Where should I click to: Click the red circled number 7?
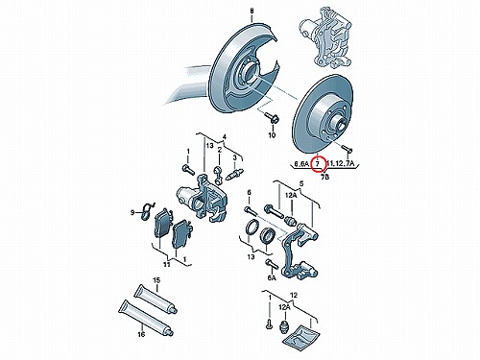point(318,164)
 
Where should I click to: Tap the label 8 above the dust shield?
point(252,12)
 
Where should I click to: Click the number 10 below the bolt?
point(272,135)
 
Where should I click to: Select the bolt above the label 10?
point(272,118)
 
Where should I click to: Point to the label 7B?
point(324,177)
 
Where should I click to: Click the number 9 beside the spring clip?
point(132,212)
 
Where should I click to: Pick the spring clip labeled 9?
point(147,211)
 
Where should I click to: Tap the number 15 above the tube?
point(156,280)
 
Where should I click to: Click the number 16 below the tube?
point(141,334)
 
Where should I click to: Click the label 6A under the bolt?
point(272,277)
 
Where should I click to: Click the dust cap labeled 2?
point(219,176)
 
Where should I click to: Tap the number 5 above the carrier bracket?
point(300,184)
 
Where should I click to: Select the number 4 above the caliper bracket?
point(225,137)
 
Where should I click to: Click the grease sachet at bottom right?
point(301,335)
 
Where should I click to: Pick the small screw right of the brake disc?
point(347,149)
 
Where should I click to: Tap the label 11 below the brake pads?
point(166,264)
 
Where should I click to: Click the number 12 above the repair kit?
point(294,295)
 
